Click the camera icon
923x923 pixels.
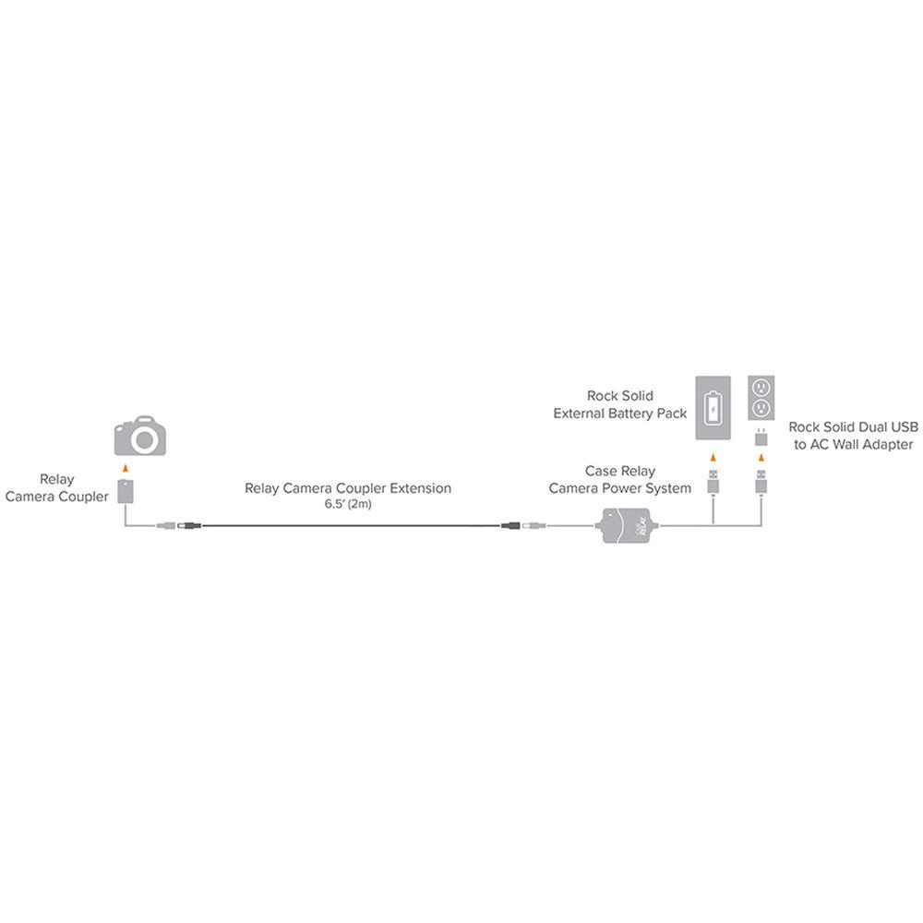click(140, 436)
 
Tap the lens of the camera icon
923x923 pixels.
click(144, 439)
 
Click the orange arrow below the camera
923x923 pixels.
click(125, 469)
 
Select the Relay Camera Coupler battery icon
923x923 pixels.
click(126, 492)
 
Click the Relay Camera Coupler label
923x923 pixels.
click(56, 488)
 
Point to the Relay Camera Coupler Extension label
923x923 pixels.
click(348, 488)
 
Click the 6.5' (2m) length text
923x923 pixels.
click(348, 504)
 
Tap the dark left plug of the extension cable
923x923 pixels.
click(189, 525)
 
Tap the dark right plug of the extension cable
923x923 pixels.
click(510, 525)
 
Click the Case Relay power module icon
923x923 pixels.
click(627, 525)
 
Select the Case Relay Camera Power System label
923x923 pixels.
click(620, 480)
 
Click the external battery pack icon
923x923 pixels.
click(713, 407)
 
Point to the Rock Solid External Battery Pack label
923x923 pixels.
click(620, 404)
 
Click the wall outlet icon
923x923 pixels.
click(761, 398)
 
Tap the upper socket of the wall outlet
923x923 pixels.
click(761, 388)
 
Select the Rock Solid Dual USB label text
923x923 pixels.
click(853, 426)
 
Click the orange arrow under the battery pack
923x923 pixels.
click(713, 458)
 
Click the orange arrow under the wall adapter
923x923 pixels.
click(761, 458)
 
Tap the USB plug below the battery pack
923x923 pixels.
click(713, 482)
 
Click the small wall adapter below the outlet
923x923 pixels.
click(761, 438)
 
